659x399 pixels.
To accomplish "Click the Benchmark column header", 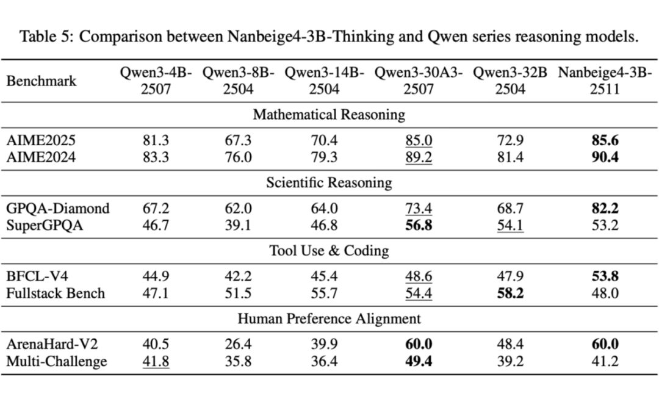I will tap(41, 81).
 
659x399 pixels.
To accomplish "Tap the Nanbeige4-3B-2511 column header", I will tap(605, 81).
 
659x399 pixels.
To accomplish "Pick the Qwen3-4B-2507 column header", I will tap(156, 81).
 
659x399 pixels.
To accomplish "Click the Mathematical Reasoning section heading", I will tap(329, 114).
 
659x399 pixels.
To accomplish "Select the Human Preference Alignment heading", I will tap(329, 318).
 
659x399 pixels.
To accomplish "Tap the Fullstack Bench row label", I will tap(56, 293).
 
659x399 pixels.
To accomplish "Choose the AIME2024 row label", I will tap(41, 157).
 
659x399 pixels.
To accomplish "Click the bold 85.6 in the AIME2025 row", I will tap(605, 140).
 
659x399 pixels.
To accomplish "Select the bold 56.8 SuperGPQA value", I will tap(419, 225).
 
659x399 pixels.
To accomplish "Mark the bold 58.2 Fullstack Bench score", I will tap(511, 293).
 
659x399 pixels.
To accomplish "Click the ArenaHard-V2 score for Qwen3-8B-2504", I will tap(238, 344).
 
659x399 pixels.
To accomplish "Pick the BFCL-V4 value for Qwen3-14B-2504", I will tap(323, 276).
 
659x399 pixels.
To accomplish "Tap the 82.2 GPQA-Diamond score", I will tap(605, 208).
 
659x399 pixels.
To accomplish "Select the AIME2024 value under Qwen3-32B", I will tap(511, 157).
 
